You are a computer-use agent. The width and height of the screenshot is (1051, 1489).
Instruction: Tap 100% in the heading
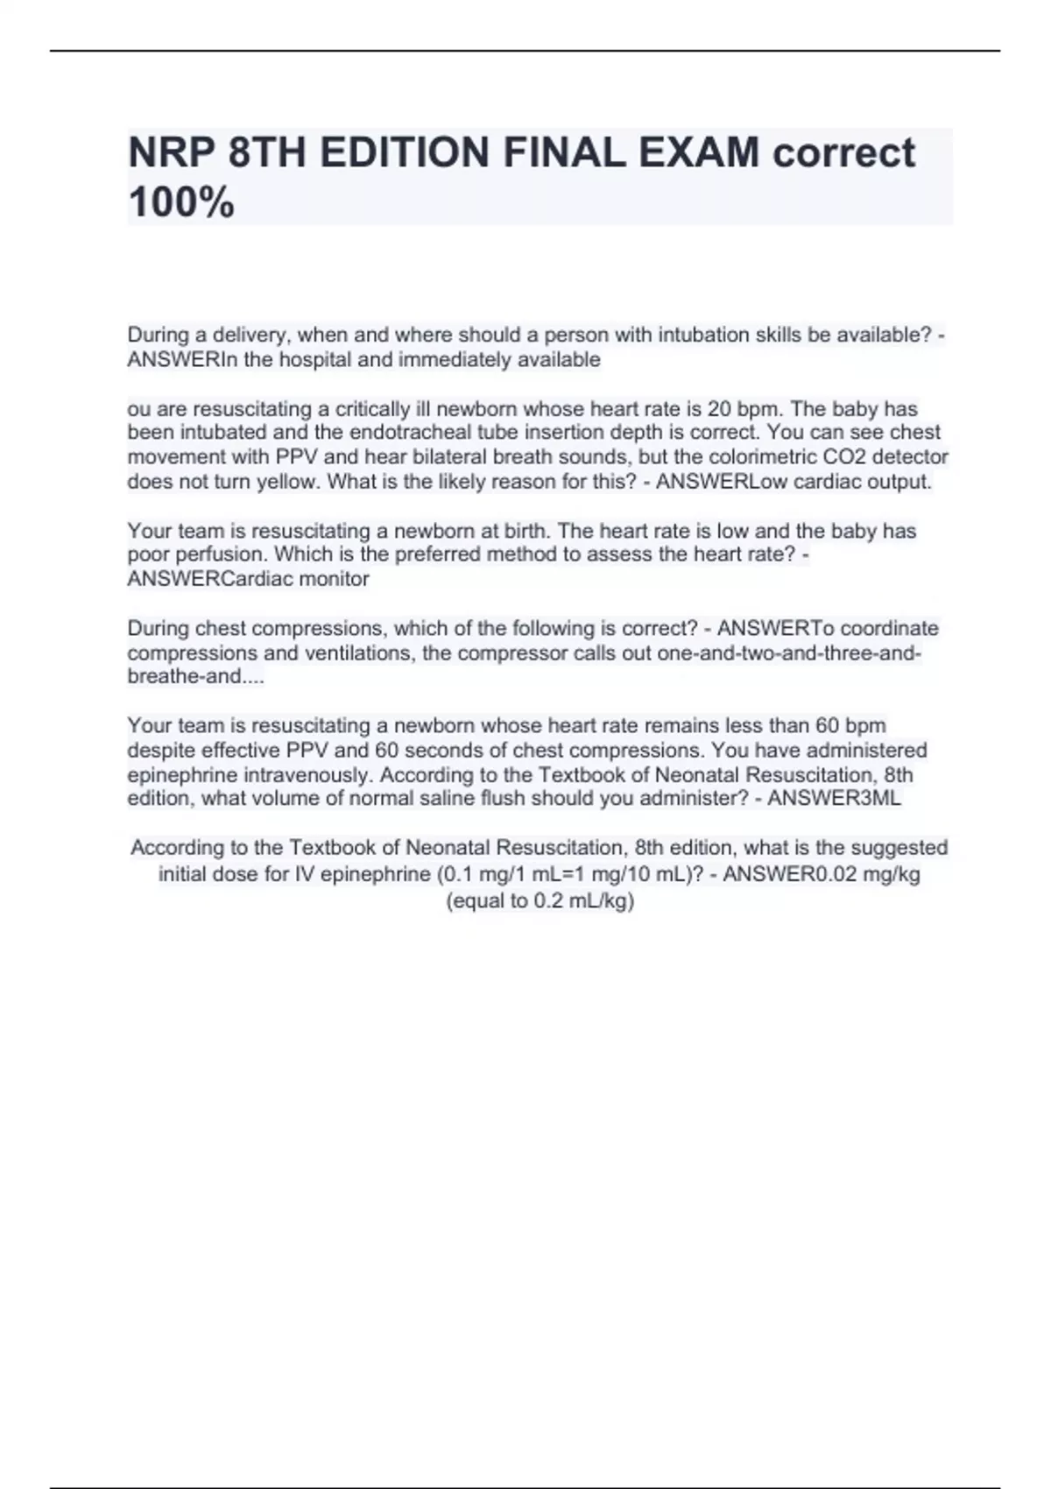point(181,202)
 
